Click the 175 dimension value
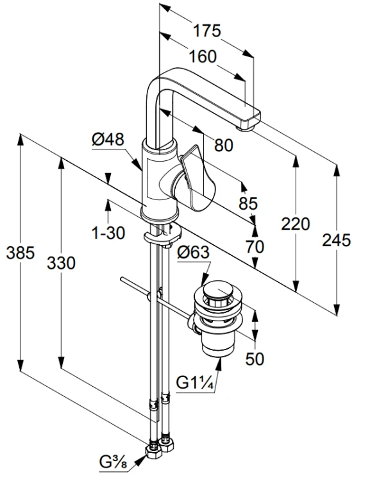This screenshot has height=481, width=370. click(x=206, y=31)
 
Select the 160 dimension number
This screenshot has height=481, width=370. click(x=203, y=56)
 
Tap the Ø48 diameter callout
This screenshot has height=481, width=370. click(x=108, y=139)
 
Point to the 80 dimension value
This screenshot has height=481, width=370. click(x=224, y=145)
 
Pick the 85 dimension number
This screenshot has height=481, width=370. click(x=248, y=203)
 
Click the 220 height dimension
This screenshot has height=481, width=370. click(x=296, y=224)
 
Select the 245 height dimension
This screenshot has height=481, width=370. click(x=336, y=240)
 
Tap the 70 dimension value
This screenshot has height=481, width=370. click(x=255, y=247)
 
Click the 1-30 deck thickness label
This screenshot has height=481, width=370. click(x=108, y=233)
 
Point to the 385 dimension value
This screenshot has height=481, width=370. click(x=21, y=253)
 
